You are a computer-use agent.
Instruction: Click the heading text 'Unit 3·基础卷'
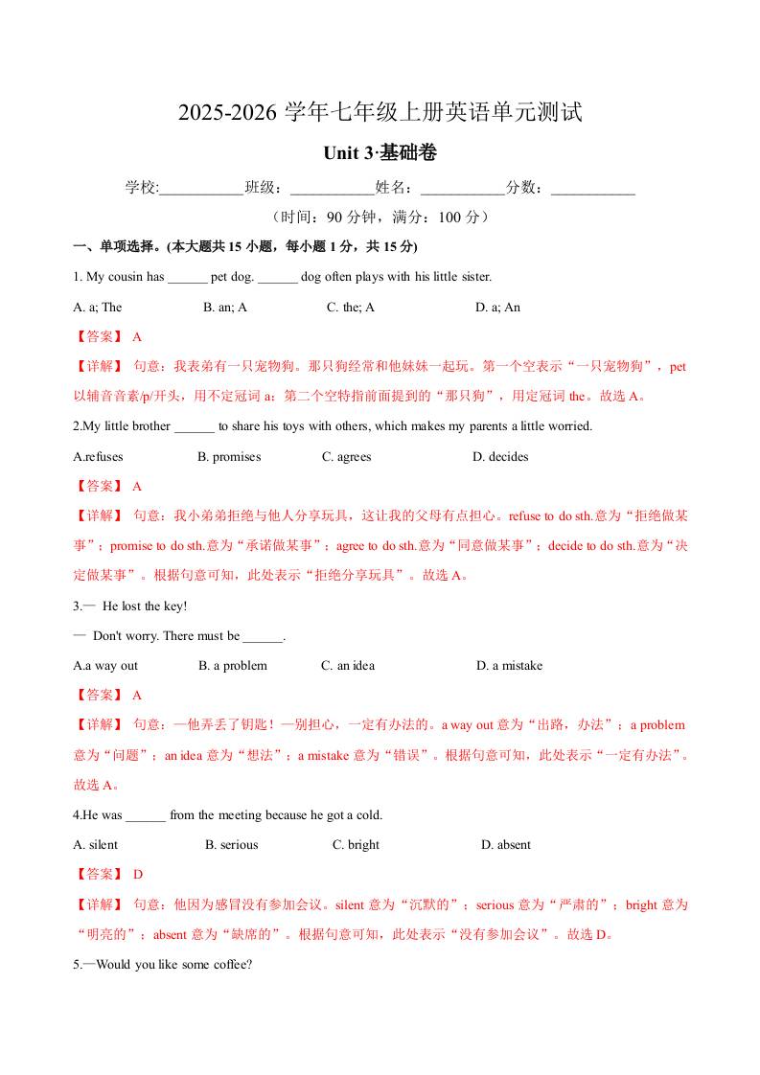(380, 153)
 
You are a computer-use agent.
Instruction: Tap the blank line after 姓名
(462, 189)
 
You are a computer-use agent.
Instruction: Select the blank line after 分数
(593, 189)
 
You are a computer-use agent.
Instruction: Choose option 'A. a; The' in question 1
(98, 308)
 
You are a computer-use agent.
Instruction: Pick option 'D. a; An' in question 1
(497, 308)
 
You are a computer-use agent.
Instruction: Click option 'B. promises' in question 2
(229, 457)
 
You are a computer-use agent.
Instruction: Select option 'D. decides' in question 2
(500, 457)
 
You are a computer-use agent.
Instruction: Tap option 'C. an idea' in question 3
(348, 666)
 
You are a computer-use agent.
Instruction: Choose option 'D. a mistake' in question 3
(509, 666)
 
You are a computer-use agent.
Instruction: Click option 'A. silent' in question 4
(96, 845)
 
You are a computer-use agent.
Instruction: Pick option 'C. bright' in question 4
(356, 845)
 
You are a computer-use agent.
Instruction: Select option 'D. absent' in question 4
(506, 845)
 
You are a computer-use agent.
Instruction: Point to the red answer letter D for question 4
(138, 875)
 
